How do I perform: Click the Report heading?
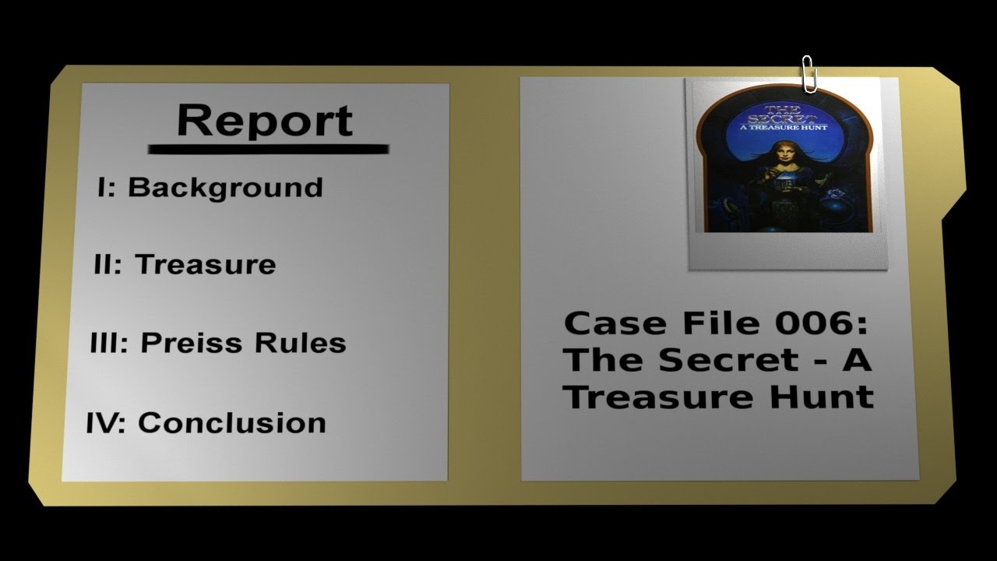click(265, 121)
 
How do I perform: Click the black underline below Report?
click(268, 148)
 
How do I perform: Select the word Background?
click(225, 188)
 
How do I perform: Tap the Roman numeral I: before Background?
click(107, 187)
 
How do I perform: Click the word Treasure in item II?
click(206, 265)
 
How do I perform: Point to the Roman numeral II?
click(107, 265)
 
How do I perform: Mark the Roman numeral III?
click(108, 343)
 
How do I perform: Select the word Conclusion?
click(232, 423)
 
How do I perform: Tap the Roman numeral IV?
click(105, 423)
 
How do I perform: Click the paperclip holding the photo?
click(809, 74)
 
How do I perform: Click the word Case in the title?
click(604, 323)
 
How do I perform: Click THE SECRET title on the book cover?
click(781, 115)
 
